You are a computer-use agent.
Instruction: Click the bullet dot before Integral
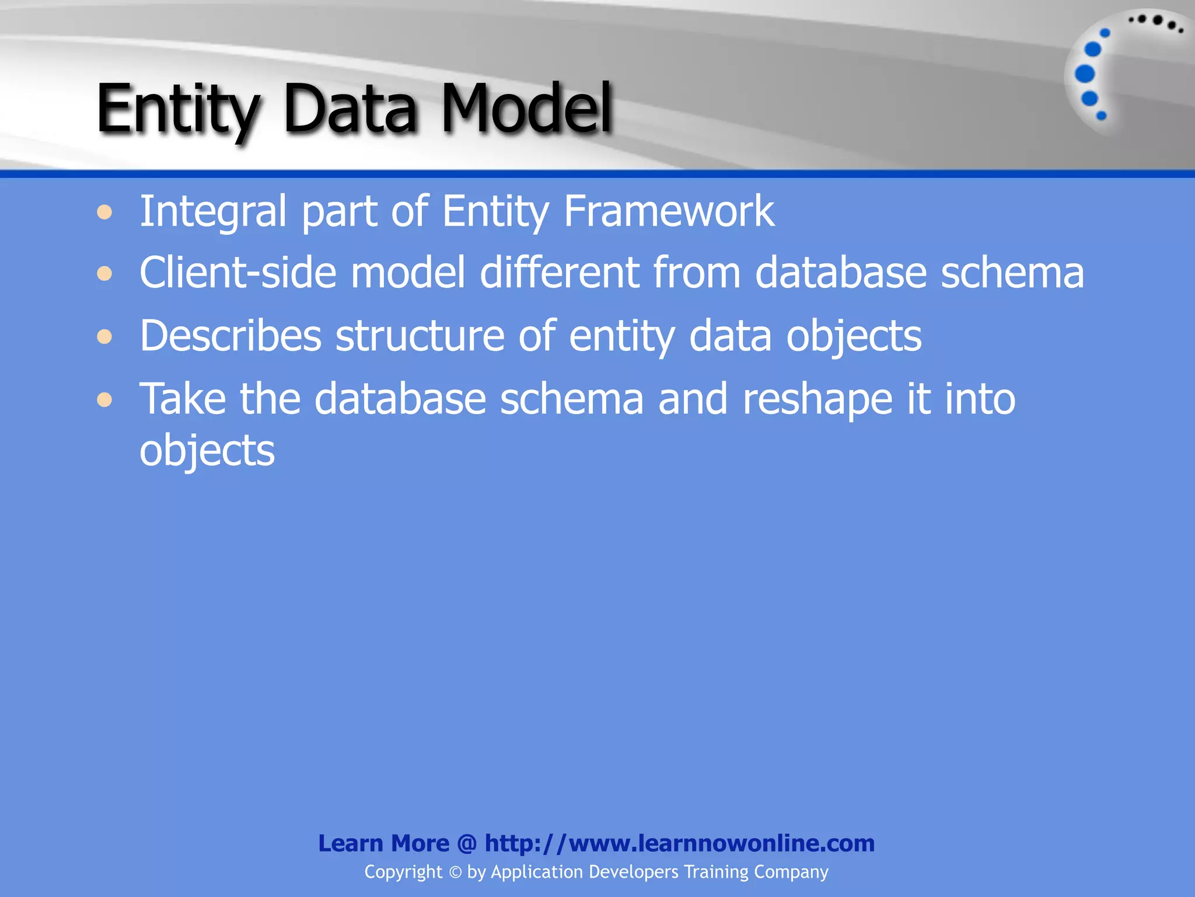click(x=105, y=212)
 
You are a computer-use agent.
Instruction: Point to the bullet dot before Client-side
click(x=105, y=273)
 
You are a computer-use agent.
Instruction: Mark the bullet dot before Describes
click(x=105, y=336)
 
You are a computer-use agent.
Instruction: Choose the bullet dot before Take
click(x=105, y=399)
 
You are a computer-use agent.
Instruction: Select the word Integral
click(x=213, y=211)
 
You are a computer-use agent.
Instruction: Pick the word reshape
click(x=817, y=400)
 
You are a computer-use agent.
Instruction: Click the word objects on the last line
click(x=207, y=451)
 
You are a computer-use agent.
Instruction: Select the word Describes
click(x=230, y=336)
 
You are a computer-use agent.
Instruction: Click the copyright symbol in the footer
click(x=455, y=872)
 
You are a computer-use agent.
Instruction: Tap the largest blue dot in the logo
click(x=1085, y=74)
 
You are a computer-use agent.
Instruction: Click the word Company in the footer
click(x=791, y=872)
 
